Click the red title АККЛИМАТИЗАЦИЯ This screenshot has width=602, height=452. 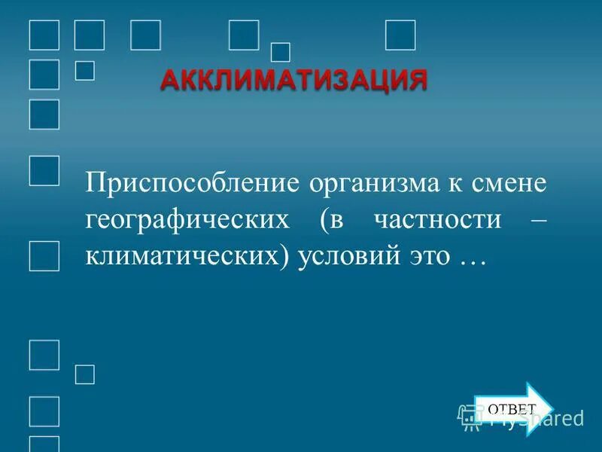(293, 79)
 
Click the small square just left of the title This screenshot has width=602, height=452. (85, 70)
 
